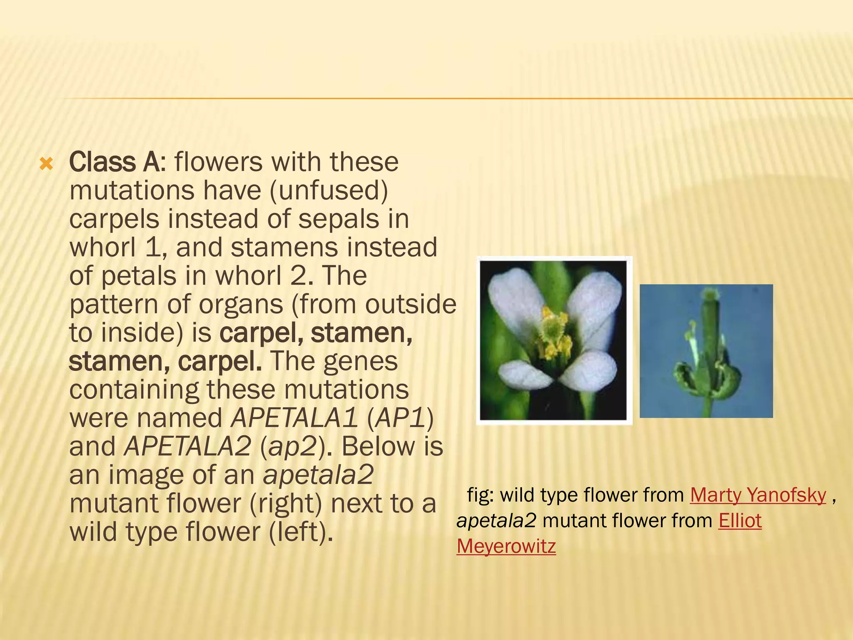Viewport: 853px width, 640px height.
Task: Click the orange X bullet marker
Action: [46, 164]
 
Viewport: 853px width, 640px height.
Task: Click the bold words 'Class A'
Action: [114, 162]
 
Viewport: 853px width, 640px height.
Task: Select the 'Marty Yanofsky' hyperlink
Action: [758, 495]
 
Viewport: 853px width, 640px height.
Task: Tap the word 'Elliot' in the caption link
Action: [740, 521]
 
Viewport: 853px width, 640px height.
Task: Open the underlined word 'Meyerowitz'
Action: [506, 546]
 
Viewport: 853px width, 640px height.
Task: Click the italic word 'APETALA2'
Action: [188, 446]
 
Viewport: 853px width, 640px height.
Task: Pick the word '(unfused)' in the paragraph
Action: [329, 190]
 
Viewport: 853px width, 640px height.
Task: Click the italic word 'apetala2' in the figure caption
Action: [496, 521]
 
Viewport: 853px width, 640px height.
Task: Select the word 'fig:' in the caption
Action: [480, 495]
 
